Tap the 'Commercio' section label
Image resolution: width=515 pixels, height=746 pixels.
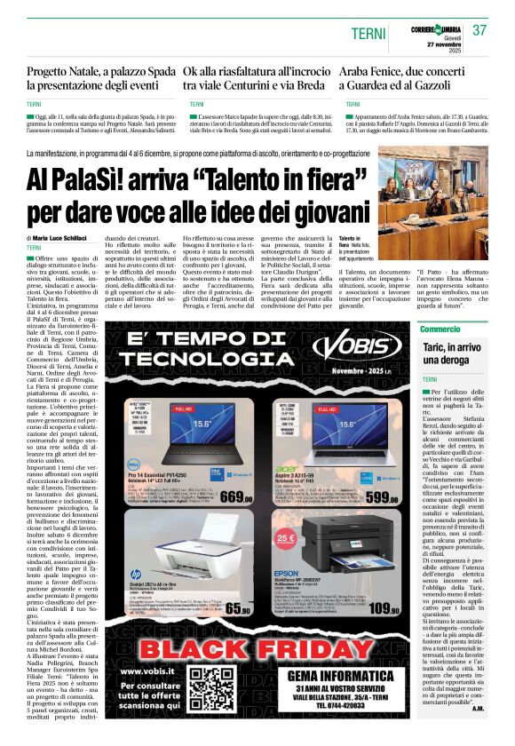[x=441, y=329]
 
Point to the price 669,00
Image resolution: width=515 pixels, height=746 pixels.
[x=245, y=497]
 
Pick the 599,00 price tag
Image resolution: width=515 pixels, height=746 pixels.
[x=379, y=497]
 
